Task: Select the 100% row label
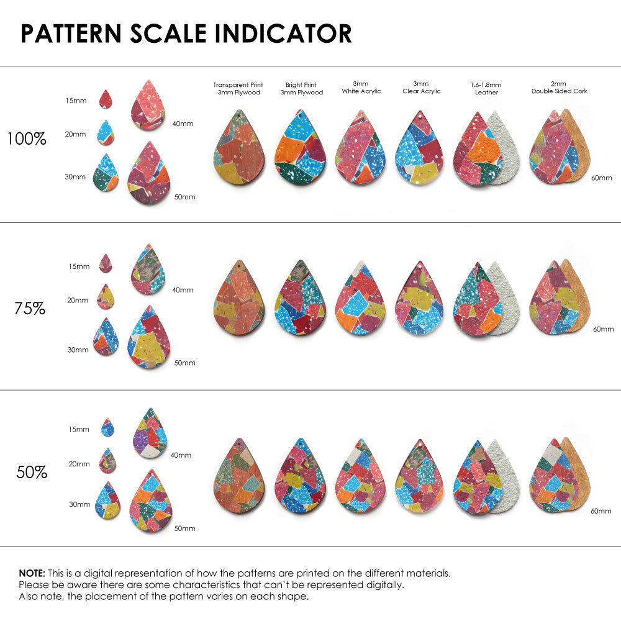click(27, 139)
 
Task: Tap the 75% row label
click(30, 308)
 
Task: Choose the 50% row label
click(32, 473)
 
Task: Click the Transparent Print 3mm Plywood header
click(238, 88)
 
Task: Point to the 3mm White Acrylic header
click(361, 88)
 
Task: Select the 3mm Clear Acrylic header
click(421, 88)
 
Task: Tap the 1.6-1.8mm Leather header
click(486, 88)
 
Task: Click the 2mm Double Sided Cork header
click(559, 88)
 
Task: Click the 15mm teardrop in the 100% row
click(106, 99)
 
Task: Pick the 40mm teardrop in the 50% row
click(150, 434)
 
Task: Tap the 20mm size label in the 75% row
click(78, 301)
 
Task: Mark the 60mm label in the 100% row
click(602, 178)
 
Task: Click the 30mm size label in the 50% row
click(79, 504)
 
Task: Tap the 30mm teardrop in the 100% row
click(106, 173)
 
